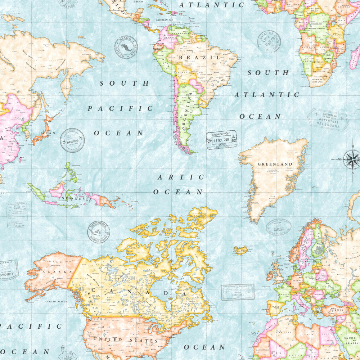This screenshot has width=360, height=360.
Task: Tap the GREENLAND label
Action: [x=275, y=164]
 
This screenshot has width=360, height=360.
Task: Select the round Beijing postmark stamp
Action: [x=72, y=140]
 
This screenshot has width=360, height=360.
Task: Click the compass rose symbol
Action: [x=351, y=159]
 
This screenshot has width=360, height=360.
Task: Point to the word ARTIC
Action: [x=181, y=177]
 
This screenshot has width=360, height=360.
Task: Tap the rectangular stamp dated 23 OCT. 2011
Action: [x=221, y=140]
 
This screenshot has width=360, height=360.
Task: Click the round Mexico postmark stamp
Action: [x=126, y=47]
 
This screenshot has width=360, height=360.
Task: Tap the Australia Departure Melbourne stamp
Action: [x=328, y=120]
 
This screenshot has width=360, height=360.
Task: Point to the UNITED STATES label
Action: [x=125, y=340]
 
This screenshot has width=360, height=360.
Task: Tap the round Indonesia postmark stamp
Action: [x=98, y=232]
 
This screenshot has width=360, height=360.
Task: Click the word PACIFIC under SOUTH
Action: [x=120, y=108]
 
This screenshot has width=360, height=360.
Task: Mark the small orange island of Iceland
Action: [x=240, y=250]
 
